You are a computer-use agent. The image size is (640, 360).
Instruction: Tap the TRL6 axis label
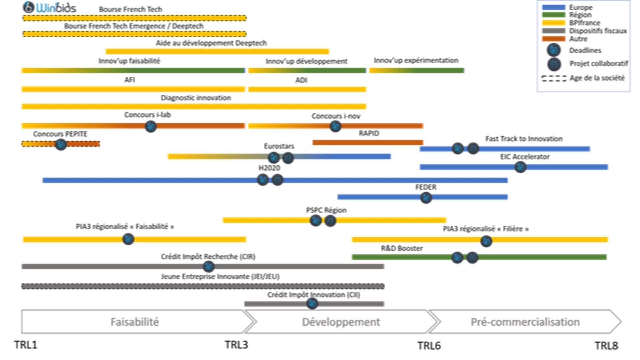coord(429,346)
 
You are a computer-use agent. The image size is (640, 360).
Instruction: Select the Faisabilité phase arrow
coord(135,322)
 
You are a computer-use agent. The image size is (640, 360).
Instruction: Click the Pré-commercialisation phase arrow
coord(525,322)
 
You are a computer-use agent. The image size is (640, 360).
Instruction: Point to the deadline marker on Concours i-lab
coord(151,126)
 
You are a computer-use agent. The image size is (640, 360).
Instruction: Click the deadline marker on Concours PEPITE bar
coord(61,144)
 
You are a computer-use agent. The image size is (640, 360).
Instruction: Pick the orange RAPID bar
coord(368,143)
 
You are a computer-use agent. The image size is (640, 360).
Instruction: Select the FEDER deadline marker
coord(426,198)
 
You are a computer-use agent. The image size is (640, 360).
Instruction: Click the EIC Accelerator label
coord(525,157)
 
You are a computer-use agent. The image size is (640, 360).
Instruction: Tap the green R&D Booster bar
coord(533,257)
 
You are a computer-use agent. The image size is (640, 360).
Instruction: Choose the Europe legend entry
coord(580,7)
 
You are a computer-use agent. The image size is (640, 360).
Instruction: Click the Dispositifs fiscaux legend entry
coord(598,31)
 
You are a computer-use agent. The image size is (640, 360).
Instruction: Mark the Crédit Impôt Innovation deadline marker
coord(312,304)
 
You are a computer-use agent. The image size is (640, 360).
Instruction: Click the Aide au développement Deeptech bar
coord(217,51)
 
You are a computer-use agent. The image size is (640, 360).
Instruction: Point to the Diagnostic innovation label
coord(196,98)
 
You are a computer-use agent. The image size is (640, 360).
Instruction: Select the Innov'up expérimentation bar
coord(417,71)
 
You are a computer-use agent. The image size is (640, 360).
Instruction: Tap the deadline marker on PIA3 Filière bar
coord(486,241)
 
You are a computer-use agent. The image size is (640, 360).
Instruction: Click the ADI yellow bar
coord(307,89)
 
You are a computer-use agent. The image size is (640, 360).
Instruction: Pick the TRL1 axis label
coord(26,345)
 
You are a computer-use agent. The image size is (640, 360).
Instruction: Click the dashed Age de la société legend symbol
coord(554,78)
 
